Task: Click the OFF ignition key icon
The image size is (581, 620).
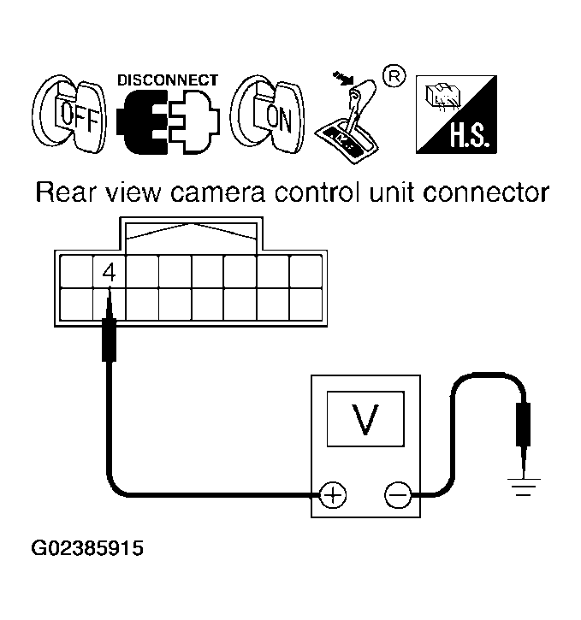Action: click(x=69, y=114)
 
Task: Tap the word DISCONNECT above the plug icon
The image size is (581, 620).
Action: click(x=168, y=80)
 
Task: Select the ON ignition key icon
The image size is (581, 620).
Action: click(x=268, y=114)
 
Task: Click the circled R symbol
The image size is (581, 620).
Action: click(x=394, y=76)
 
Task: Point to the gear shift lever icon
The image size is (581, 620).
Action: click(x=348, y=119)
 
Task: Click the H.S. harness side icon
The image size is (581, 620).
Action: click(x=456, y=115)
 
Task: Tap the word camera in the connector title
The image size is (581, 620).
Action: click(x=217, y=193)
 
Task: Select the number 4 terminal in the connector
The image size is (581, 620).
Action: click(x=110, y=272)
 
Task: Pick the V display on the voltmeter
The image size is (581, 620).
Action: click(x=366, y=419)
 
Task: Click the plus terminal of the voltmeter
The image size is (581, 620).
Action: click(x=333, y=494)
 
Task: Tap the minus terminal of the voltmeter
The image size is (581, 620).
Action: click(x=398, y=494)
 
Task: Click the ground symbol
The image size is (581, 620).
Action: click(x=524, y=487)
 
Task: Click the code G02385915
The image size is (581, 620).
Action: click(x=87, y=548)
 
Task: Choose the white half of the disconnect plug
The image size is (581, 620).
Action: click(x=193, y=121)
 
